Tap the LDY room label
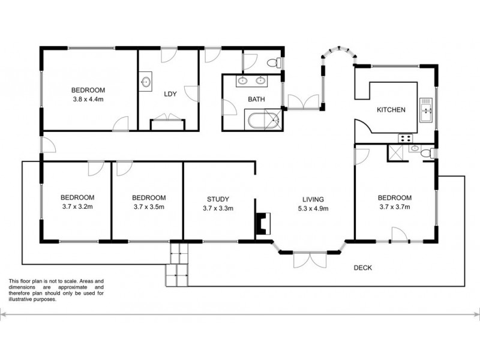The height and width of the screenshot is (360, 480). tap(170, 94)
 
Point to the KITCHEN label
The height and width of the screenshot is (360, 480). tap(391, 110)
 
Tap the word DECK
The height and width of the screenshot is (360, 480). tap(364, 268)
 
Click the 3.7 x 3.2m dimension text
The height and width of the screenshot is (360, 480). tap(77, 208)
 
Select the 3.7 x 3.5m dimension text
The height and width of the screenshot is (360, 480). tap(148, 208)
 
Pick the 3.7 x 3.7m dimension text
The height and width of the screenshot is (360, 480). tap(394, 208)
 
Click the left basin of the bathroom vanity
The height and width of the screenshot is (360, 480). tap(244, 80)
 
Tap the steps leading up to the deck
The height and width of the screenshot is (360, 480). tap(178, 264)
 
